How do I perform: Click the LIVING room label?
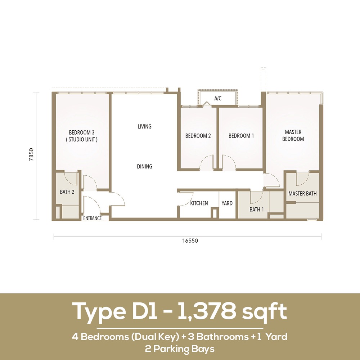pyautogui.click(x=144, y=126)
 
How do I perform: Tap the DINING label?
pyautogui.click(x=144, y=166)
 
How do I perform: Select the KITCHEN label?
pyautogui.click(x=199, y=203)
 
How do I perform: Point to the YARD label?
pyautogui.click(x=227, y=203)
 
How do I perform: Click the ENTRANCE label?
pyautogui.click(x=92, y=219)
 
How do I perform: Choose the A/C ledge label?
pyautogui.click(x=218, y=99)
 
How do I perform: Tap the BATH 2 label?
pyautogui.click(x=67, y=192)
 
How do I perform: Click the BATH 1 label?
pyautogui.click(x=257, y=210)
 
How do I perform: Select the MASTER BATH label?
pyautogui.click(x=302, y=194)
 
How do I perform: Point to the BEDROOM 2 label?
pyautogui.click(x=198, y=136)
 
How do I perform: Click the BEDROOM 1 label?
pyautogui.click(x=241, y=136)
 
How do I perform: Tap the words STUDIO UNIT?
pyautogui.click(x=82, y=139)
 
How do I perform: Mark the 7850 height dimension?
pyautogui.click(x=31, y=154)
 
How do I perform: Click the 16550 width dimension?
pyautogui.click(x=190, y=240)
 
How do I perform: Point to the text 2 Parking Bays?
pyautogui.click(x=180, y=349)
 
